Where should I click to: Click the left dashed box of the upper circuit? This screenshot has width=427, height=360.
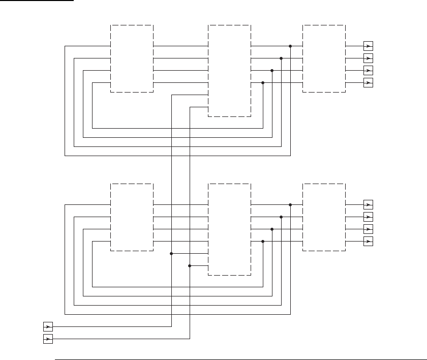coord(132,58)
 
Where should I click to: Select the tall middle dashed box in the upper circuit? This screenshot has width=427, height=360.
coord(229,71)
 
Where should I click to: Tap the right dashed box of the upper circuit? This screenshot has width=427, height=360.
coord(324,58)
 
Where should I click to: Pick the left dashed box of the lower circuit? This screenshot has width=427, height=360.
coord(132,217)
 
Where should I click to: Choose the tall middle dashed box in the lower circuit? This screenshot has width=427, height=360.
coord(229,229)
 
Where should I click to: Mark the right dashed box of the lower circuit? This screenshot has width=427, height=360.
coord(324,217)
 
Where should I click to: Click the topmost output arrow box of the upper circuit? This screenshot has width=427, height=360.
coord(369,46)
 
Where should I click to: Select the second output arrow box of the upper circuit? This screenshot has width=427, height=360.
coord(369,58)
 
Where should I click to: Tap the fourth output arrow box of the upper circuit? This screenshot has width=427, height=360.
coord(369,82)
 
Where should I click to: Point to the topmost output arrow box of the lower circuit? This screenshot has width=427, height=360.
coord(369,204)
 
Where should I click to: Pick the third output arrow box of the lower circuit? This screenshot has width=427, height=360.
coord(369,229)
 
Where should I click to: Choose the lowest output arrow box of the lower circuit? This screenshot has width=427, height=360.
coord(369,241)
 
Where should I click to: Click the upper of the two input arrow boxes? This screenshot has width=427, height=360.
coord(48,326)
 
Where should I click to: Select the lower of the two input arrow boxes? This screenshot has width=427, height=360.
coord(48,339)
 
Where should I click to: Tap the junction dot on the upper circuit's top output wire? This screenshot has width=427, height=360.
coord(290,46)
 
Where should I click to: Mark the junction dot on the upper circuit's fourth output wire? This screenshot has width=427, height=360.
coord(263,82)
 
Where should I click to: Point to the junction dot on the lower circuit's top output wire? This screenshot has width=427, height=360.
coord(290,204)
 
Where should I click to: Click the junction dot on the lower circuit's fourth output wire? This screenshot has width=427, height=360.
coord(263,241)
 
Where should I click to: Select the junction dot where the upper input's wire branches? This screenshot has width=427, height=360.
coord(171,253)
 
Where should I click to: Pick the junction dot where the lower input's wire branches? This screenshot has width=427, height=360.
coord(190,265)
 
